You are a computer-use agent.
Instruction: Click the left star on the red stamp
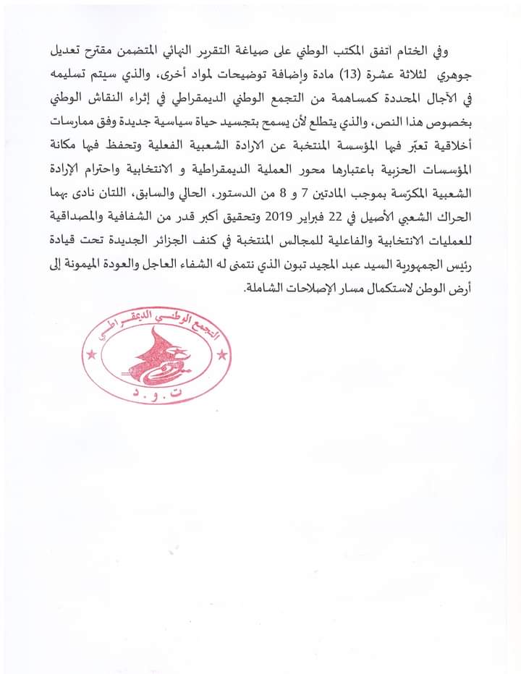(x=91, y=354)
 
